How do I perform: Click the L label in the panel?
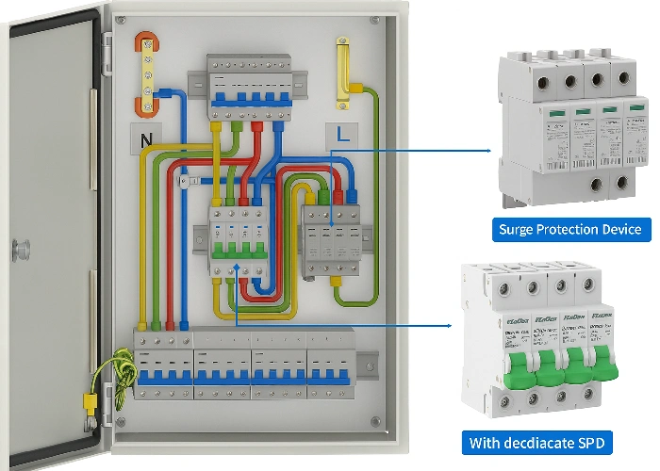pos(342,135)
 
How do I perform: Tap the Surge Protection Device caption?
pos(570,229)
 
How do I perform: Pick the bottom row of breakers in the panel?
pos(243,364)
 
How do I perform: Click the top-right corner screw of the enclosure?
pos(374,19)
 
